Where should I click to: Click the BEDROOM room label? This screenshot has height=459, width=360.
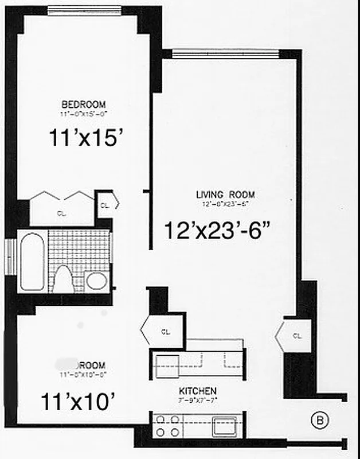(84, 104)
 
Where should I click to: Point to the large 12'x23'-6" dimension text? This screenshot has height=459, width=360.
(217, 231)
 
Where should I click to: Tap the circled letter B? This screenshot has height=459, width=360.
(320, 421)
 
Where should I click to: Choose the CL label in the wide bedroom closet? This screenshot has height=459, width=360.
(61, 213)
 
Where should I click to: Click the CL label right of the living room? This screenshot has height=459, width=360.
(296, 336)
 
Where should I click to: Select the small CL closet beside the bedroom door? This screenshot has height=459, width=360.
(105, 205)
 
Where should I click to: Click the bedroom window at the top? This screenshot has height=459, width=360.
(84, 9)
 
